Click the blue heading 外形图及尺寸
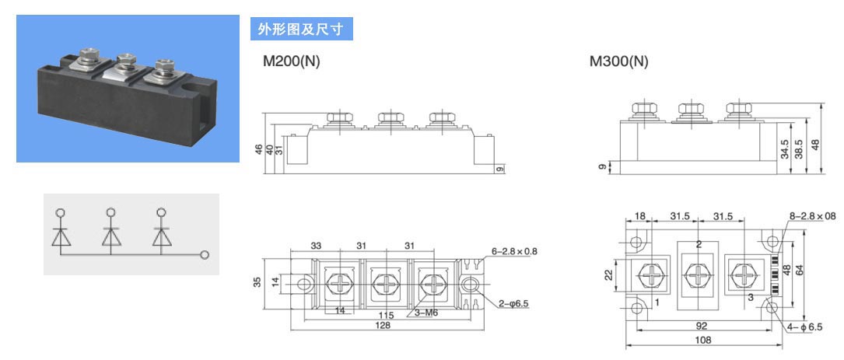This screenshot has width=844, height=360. point(301,30)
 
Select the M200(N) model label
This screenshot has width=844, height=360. point(291,61)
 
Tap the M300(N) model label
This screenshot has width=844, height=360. point(619,61)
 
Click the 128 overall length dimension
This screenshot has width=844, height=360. point(383,325)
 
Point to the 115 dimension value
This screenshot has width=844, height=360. point(386,316)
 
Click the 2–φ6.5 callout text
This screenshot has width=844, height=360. point(513,303)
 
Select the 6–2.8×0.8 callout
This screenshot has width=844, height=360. point(515,251)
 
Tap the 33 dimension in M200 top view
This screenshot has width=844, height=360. point(316,246)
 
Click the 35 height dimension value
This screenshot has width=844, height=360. point(257,281)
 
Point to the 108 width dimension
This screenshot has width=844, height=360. point(703,340)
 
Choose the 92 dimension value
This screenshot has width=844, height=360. point(702,326)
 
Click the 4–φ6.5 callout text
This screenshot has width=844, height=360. point(804,327)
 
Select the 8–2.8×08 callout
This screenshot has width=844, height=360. point(813,216)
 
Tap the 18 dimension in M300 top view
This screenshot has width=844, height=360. point(639,216)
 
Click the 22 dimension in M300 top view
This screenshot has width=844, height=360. point(609,274)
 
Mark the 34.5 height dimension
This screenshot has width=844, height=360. point(785,149)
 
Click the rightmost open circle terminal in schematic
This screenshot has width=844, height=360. point(204,254)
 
